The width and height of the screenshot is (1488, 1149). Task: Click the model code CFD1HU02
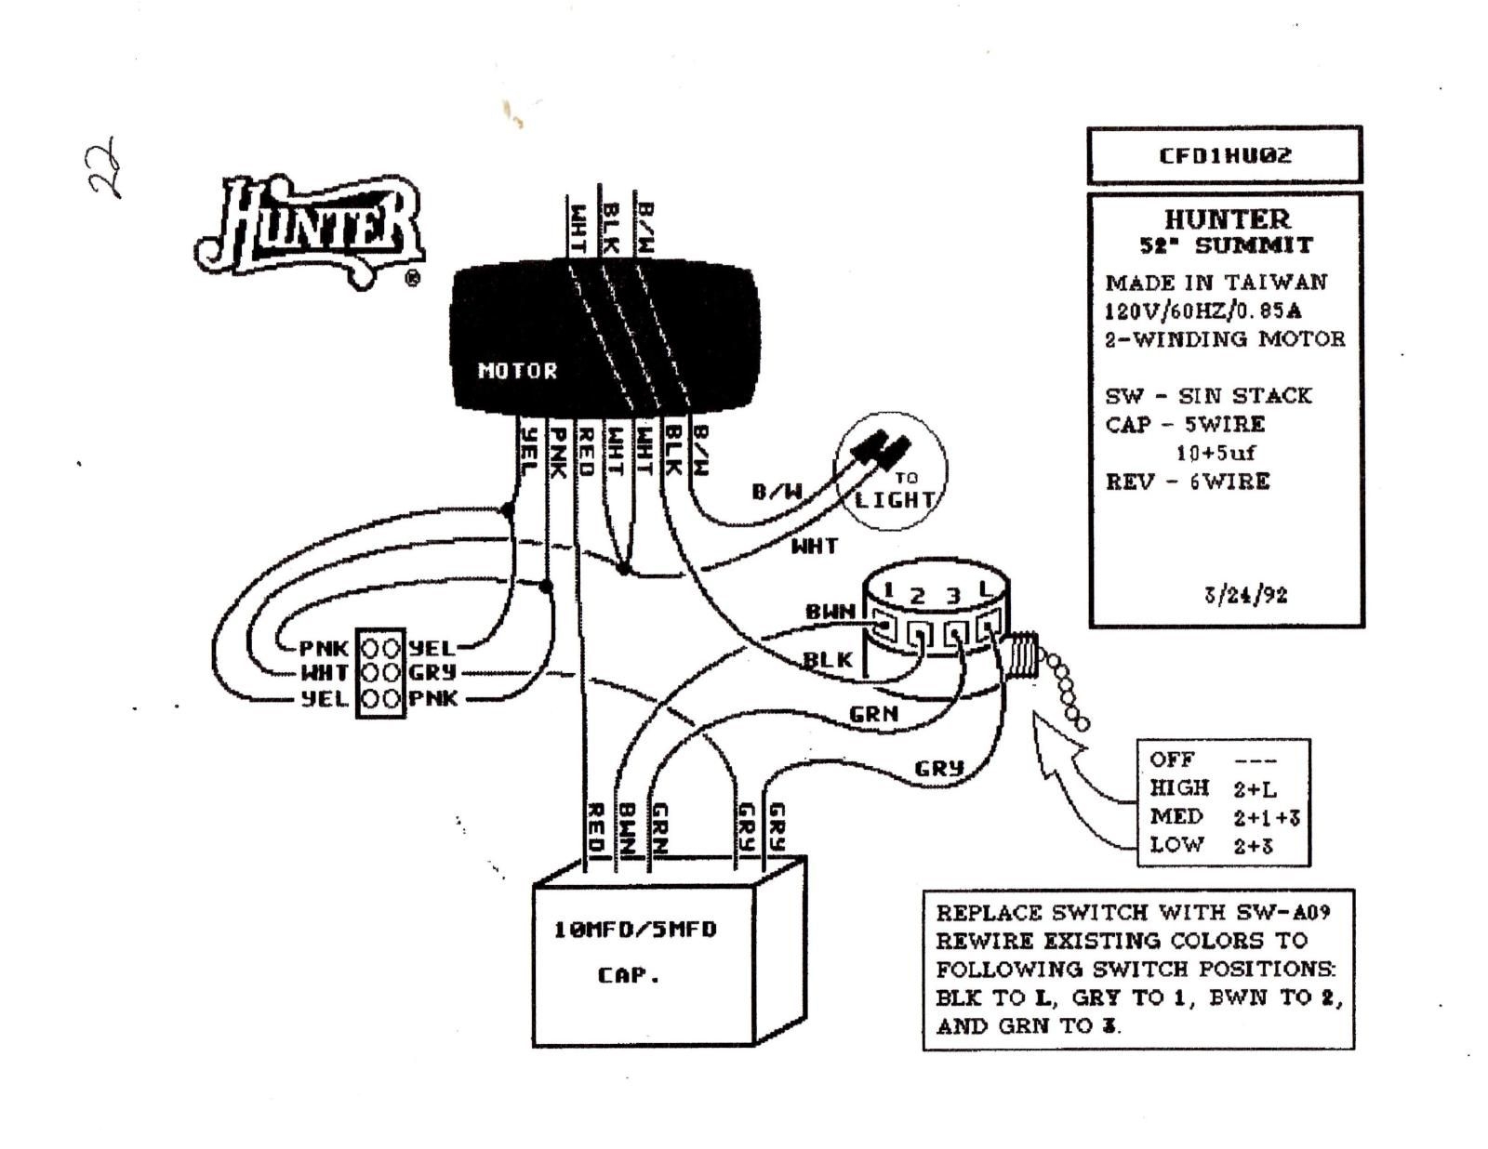point(1224,155)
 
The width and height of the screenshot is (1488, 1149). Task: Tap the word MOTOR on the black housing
point(517,371)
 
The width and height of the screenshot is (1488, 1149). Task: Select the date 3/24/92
point(1245,594)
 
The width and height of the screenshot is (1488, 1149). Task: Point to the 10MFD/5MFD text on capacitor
point(635,930)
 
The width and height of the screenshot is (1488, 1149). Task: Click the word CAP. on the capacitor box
point(628,975)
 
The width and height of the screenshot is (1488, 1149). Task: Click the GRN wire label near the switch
point(873,714)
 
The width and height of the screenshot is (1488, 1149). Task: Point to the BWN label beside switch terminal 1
point(830,612)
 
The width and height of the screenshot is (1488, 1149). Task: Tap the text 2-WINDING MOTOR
point(1224,338)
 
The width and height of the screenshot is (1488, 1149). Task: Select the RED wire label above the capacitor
point(596,827)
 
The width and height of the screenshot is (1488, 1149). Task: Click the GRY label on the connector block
point(432,672)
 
